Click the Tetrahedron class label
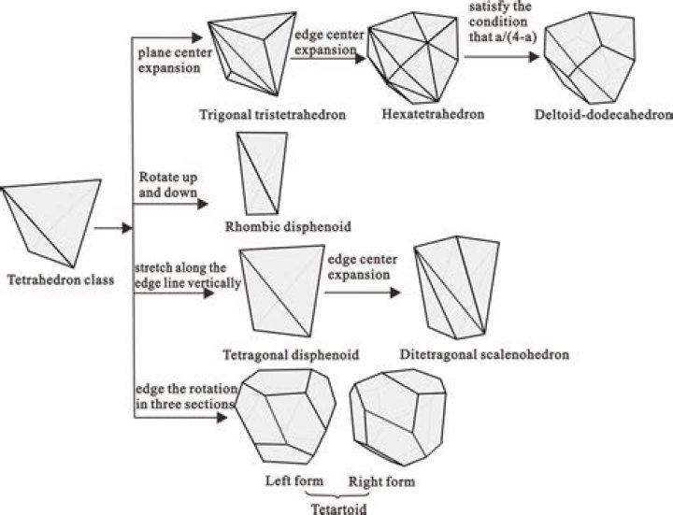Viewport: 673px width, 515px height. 61,280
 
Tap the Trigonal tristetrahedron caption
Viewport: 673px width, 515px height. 273,115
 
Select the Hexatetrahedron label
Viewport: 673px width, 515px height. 433,114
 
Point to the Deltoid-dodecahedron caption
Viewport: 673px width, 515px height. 604,115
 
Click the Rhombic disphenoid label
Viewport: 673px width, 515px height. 288,226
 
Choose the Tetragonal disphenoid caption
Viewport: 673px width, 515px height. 291,355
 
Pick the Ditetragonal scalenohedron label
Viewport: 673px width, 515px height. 484,354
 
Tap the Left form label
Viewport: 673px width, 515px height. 294,480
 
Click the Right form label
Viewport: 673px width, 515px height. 381,481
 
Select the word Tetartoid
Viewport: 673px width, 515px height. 338,509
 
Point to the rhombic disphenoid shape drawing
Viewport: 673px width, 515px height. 262,173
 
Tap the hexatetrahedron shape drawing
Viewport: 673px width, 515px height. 413,58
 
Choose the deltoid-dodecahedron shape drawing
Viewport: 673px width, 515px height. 590,58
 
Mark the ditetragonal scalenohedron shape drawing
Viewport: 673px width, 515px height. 457,288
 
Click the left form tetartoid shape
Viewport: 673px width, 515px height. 286,417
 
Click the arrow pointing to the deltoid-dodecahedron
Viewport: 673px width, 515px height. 501,57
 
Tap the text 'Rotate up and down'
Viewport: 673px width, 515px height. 168,184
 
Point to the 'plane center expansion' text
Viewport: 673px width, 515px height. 175,61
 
